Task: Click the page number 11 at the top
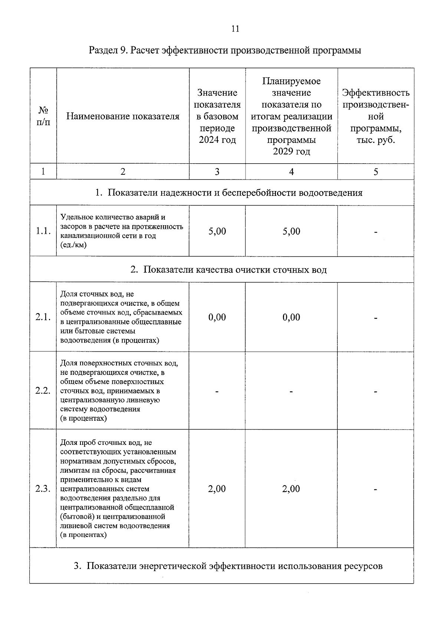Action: click(235, 29)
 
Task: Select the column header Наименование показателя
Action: click(123, 117)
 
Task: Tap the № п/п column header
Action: click(43, 116)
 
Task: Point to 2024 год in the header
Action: click(217, 140)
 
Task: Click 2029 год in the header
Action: click(291, 152)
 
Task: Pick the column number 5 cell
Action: click(376, 172)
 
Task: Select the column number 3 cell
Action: click(217, 172)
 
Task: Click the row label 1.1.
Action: click(43, 231)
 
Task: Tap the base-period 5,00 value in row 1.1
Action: click(217, 231)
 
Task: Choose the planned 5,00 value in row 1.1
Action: click(291, 231)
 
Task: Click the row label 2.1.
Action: click(43, 317)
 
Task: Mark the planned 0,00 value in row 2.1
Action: click(291, 317)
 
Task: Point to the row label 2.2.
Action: click(43, 391)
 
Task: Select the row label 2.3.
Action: click(43, 489)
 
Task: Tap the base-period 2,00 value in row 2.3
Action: click(217, 489)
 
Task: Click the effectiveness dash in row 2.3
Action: click(376, 490)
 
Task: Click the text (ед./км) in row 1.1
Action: click(73, 245)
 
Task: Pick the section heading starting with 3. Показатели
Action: click(228, 566)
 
